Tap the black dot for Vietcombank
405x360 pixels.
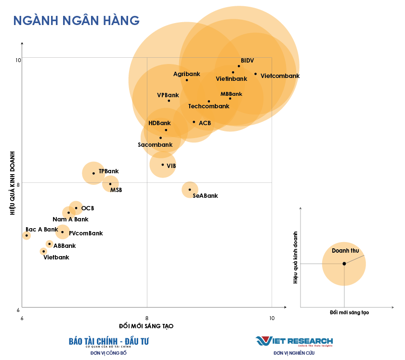[256, 74]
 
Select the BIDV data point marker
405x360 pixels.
[239, 66]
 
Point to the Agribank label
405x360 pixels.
[186, 74]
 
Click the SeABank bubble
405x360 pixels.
[190, 189]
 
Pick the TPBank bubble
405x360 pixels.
[93, 173]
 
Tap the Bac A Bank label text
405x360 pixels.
[41, 230]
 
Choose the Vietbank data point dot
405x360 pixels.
[43, 251]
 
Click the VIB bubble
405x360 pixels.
[163, 165]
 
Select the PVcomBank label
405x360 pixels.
[86, 233]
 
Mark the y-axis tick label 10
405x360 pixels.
[18, 60]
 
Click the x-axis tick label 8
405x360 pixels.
[147, 318]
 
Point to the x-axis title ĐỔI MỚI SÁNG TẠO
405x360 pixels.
[146, 326]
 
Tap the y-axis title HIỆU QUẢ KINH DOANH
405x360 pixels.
[13, 183]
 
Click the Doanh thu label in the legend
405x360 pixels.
[345, 251]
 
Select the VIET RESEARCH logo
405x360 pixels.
[294, 341]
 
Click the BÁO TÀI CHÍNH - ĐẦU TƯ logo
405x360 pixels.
[109, 341]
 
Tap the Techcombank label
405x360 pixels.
[209, 106]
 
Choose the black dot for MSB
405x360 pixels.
[110, 184]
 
